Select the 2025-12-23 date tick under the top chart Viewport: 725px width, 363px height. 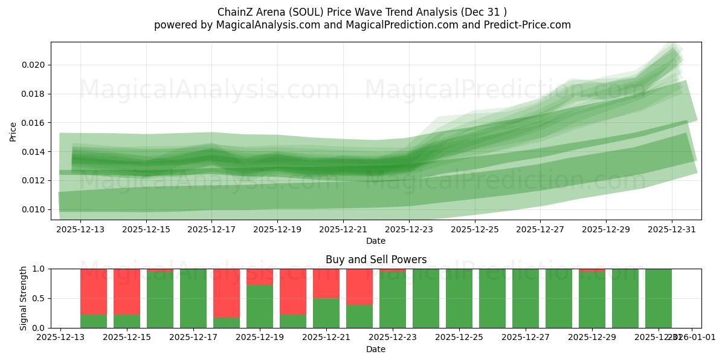409,229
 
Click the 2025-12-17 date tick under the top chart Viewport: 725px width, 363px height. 211,229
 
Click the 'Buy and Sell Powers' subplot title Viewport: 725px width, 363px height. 376,260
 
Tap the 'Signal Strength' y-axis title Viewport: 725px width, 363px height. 23,298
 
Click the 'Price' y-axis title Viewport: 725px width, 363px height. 13,131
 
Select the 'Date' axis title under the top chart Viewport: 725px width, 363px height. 376,241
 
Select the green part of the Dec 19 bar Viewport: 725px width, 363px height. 260,306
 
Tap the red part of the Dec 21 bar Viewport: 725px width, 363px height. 326,283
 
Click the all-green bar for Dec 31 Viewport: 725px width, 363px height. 659,298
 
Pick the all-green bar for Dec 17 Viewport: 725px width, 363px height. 193,298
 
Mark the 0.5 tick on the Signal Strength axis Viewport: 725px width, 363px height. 41,298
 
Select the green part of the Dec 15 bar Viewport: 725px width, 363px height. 127,321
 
